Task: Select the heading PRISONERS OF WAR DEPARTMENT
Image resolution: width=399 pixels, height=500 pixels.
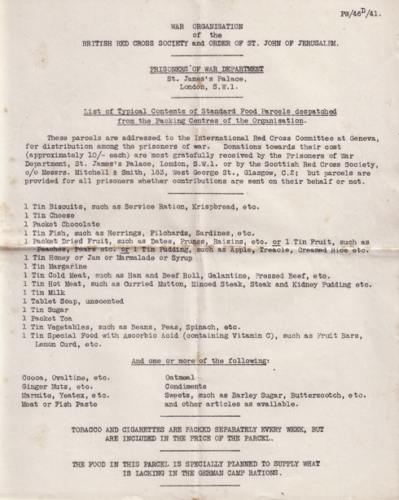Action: coord(199,70)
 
